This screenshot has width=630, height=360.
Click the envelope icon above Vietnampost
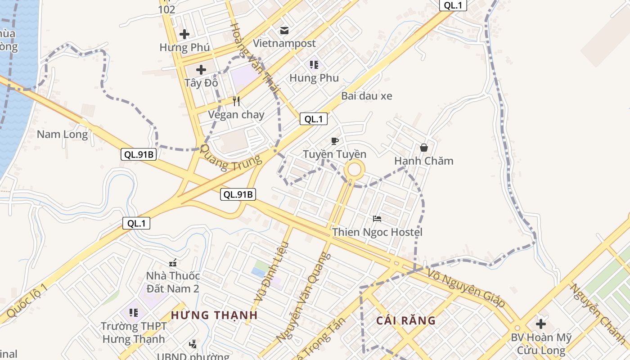pos(284,30)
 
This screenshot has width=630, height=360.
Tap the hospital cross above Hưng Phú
pos(184,34)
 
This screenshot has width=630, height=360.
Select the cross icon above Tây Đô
pos(201,70)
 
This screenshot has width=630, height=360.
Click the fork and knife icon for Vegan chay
pos(236,101)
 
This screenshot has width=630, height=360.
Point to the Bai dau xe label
pos(366,96)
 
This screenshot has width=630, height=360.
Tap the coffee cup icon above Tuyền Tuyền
pos(334,141)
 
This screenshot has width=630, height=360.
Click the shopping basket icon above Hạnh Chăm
pos(423,148)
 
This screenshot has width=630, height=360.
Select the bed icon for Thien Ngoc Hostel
pos(377,219)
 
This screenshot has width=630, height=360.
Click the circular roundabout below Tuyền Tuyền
pos(355,170)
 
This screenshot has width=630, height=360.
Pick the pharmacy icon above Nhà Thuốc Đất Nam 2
pos(173,263)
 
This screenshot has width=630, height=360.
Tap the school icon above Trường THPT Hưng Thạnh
pos(133,312)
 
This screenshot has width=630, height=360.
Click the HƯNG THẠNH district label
pos(214,315)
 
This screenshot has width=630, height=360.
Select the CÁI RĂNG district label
pos(406,320)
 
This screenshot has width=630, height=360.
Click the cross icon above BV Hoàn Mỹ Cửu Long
pos(541,324)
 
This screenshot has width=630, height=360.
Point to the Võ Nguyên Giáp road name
pos(466,288)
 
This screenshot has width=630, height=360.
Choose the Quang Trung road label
pos(230,158)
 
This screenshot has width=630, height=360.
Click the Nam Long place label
pos(62,134)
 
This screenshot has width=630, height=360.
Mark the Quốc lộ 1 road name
pos(27,301)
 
